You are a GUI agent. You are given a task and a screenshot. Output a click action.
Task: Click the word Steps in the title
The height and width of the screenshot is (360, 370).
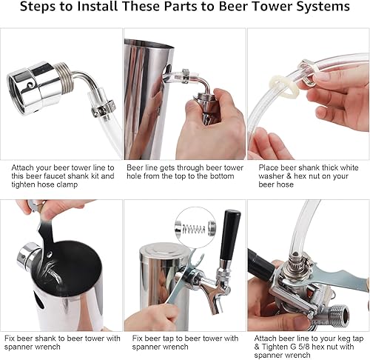(39, 8)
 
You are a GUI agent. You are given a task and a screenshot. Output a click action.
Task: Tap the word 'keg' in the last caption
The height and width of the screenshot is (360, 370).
(338, 338)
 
